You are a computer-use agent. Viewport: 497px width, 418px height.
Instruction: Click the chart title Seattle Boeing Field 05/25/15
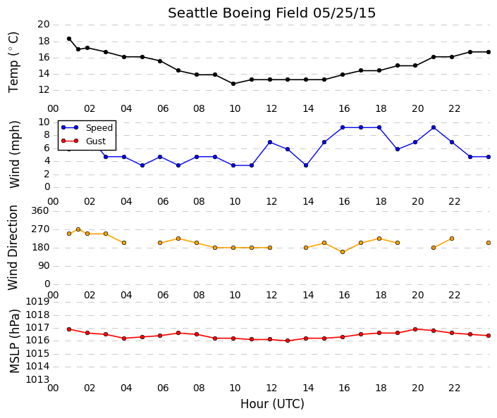[271, 13]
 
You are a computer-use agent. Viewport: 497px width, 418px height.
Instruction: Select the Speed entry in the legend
[87, 127]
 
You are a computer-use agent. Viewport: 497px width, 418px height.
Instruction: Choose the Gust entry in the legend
[83, 141]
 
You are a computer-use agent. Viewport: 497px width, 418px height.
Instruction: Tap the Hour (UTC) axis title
[272, 404]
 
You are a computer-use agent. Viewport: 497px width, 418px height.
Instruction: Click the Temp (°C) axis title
[13, 63]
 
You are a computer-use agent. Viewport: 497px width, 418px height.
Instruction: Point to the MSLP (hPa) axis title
[14, 341]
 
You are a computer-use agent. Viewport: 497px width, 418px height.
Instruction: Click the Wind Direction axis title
[13, 248]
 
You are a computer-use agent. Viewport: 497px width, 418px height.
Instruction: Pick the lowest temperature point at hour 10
[233, 84]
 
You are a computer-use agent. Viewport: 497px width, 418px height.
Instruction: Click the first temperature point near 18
[69, 39]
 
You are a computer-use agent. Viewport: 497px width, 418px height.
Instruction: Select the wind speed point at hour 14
[306, 165]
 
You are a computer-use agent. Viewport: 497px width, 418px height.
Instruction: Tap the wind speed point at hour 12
[270, 142]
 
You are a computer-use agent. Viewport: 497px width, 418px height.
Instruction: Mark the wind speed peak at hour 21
[434, 127]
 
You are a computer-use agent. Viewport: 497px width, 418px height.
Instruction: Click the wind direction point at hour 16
[343, 252]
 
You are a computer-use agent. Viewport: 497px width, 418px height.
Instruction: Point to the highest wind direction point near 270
[78, 229]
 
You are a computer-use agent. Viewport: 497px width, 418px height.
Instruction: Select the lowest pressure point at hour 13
[288, 341]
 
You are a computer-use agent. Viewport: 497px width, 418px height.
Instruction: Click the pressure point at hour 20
[415, 329]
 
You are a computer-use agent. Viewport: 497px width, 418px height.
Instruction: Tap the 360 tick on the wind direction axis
[40, 211]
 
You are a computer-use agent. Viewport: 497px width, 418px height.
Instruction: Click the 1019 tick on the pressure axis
[37, 302]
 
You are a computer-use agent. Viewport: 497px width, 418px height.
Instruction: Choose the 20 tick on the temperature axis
[44, 25]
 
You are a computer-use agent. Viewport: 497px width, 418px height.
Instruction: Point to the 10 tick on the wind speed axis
[44, 122]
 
